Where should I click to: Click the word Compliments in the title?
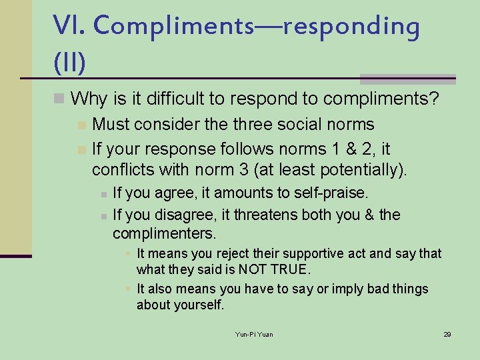pyautogui.click(x=173, y=27)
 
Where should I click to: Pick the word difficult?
pyautogui.click(x=169, y=99)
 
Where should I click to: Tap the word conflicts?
pyautogui.click(x=122, y=170)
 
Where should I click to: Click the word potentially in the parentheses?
pyautogui.click(x=357, y=170)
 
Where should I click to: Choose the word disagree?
pyautogui.click(x=171, y=215)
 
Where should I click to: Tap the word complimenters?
pyautogui.click(x=164, y=234)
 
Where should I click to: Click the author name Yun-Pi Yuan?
pyautogui.click(x=254, y=334)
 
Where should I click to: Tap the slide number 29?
pyautogui.click(x=447, y=334)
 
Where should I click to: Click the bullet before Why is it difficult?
pyautogui.click(x=59, y=99)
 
